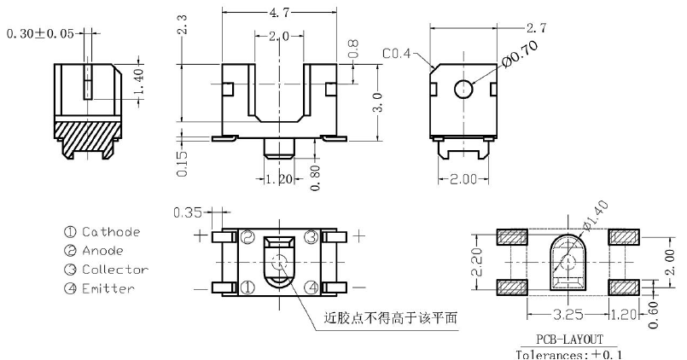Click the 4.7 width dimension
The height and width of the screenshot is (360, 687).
[279, 14]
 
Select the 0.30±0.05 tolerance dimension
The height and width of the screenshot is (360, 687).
[39, 34]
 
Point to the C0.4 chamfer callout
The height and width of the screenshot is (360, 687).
[396, 54]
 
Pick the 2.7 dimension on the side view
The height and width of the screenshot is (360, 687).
[537, 28]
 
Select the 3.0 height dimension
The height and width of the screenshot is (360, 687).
[376, 103]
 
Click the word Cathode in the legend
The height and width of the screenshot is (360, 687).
[110, 232]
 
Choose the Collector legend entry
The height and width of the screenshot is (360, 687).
[114, 270]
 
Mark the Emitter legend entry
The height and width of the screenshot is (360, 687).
[108, 288]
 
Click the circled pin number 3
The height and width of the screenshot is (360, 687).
[311, 236]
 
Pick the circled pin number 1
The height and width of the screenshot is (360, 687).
[247, 287]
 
